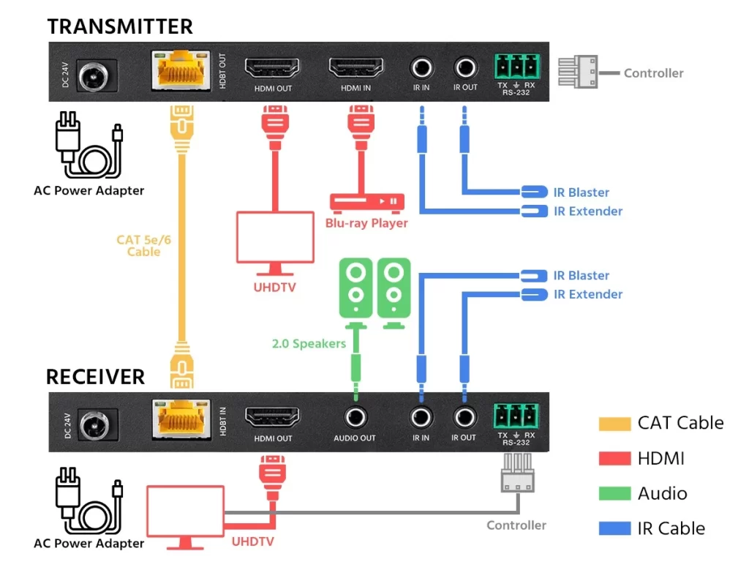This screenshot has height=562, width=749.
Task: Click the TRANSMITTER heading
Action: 120,27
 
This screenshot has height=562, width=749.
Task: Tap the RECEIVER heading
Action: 95,377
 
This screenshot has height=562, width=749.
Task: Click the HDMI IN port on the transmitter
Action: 355,70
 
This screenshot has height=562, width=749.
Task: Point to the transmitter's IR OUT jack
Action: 464,69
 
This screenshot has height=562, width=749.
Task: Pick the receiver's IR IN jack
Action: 421,419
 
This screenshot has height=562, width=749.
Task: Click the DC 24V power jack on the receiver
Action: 92,422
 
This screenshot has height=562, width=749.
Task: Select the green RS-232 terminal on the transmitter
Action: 516,67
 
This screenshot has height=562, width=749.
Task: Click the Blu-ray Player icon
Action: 366,201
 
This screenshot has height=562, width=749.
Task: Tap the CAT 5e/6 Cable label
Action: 143,246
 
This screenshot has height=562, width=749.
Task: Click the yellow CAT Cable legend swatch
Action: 614,423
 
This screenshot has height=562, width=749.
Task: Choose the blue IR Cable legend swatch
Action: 614,528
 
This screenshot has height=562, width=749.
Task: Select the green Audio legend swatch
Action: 614,493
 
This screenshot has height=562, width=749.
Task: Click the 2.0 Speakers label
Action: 309,343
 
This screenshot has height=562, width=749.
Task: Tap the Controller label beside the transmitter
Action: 653,73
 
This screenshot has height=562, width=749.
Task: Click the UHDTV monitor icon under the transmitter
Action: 274,239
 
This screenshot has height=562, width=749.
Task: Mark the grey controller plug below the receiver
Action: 517,474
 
